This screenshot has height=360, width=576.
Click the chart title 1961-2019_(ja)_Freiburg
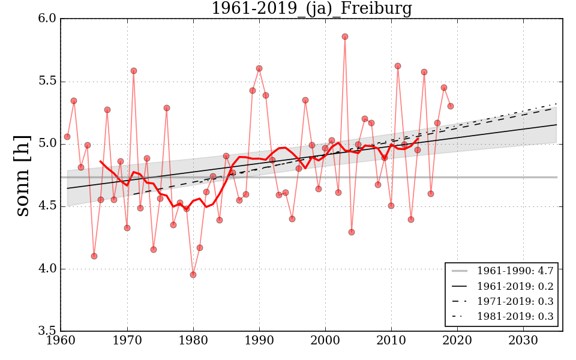click(311, 8)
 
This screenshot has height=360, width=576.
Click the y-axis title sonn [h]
click(23, 175)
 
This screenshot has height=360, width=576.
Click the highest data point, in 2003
click(345, 37)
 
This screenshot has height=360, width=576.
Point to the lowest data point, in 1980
click(193, 275)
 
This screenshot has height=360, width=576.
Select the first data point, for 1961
click(67, 137)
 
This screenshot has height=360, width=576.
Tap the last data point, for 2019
click(451, 106)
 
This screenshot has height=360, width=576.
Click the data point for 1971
click(134, 71)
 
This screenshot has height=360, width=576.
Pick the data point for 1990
click(259, 68)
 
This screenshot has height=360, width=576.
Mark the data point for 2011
click(398, 66)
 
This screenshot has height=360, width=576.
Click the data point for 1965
click(94, 256)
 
